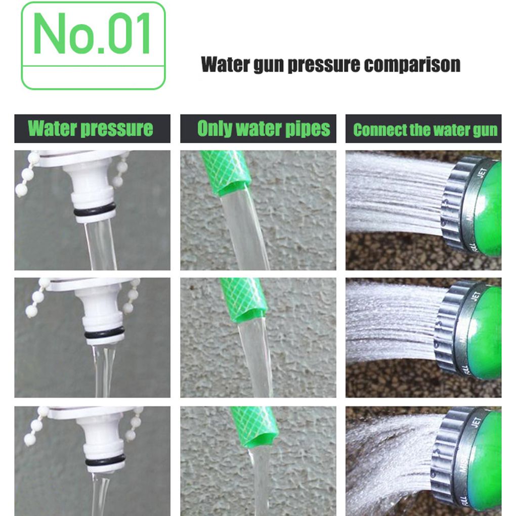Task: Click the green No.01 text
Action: pyautogui.click(x=93, y=34)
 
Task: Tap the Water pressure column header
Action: pyautogui.click(x=91, y=128)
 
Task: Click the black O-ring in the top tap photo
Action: pyautogui.click(x=94, y=211)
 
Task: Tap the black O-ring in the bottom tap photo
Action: pyautogui.click(x=105, y=460)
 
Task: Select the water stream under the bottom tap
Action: pyautogui.click(x=100, y=493)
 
